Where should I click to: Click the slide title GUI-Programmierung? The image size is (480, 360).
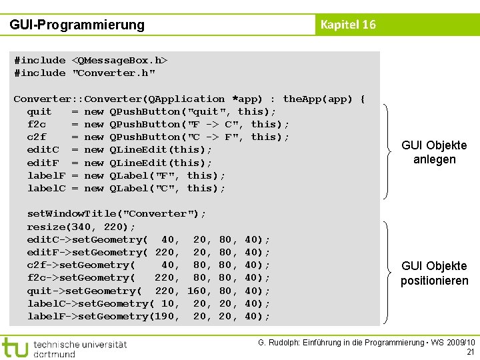click(77, 25)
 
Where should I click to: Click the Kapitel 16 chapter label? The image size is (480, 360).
click(348, 25)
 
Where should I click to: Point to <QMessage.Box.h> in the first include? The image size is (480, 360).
click(119, 61)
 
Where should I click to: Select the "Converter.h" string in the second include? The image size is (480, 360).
click(113, 73)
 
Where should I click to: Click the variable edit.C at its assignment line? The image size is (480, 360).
click(43, 150)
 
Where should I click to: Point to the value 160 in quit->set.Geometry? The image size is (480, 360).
click(196, 291)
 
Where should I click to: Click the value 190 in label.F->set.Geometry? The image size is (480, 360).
click(167, 317)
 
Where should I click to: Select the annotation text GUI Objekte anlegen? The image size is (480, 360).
click(434, 153)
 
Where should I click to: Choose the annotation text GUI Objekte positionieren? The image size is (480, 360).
click(434, 273)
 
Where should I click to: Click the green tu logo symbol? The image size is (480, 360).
click(15, 347)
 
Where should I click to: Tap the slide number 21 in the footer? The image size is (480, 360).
click(470, 352)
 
